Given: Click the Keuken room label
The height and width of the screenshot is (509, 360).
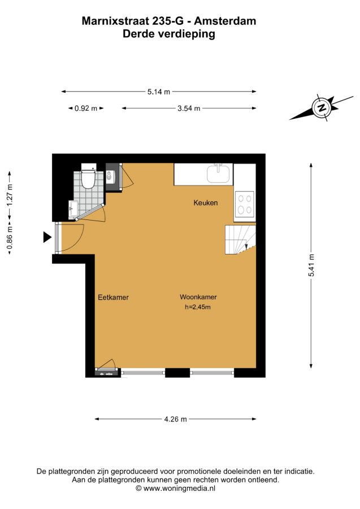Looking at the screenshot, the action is [x=205, y=203].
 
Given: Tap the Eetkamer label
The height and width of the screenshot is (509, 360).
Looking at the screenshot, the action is [x=113, y=297].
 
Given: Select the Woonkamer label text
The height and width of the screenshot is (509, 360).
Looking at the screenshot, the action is [x=198, y=297].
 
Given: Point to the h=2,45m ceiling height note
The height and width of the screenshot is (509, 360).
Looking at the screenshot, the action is [x=197, y=307].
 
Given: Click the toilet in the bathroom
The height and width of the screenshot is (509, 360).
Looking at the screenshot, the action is [x=87, y=176].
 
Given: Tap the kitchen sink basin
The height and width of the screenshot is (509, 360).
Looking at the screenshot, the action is [x=219, y=174].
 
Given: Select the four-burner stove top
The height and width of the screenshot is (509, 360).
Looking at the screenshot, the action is [x=245, y=204].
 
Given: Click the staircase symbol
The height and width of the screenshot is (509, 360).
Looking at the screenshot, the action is [x=240, y=240].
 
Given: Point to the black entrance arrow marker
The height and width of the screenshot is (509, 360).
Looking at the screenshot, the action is [x=47, y=238].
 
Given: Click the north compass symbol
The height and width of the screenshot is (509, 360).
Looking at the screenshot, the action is [x=322, y=108].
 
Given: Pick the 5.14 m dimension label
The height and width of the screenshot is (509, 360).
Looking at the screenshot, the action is [x=159, y=92].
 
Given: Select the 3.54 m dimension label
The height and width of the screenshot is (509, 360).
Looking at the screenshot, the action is [x=189, y=109].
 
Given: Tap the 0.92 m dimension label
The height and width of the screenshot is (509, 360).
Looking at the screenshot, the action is [x=86, y=109].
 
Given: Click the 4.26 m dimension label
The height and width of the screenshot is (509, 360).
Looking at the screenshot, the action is [x=175, y=419].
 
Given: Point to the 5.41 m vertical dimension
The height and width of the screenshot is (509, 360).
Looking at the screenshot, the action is [x=311, y=265].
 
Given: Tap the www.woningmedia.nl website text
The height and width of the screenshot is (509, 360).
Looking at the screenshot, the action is [x=179, y=488].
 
